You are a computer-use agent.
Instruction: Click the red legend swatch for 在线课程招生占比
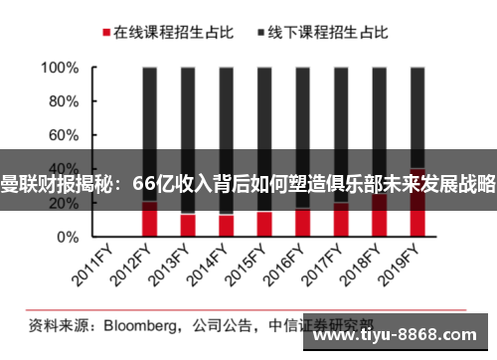coord(103,32)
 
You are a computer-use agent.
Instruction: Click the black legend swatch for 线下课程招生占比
coord(261,32)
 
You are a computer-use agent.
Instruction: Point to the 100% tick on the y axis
coord(61,69)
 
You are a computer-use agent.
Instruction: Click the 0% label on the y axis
coord(69,238)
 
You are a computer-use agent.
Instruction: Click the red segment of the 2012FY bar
coord(150,221)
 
